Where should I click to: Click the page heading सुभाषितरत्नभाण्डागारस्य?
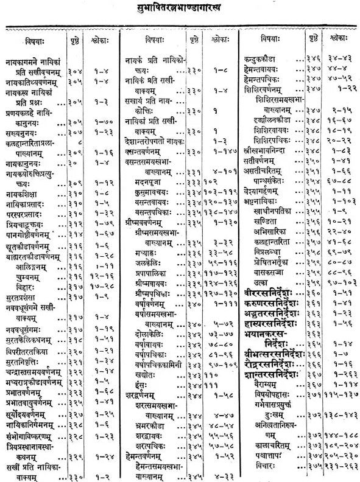(x=181, y=11)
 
